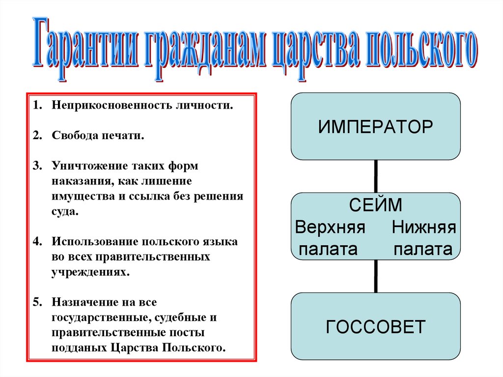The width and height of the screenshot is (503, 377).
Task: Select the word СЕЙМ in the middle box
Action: (376, 205)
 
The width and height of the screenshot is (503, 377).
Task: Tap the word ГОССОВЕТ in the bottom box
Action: (376, 326)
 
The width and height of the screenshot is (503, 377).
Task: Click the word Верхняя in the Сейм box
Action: (330, 227)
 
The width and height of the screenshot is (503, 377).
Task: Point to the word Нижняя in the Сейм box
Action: (424, 227)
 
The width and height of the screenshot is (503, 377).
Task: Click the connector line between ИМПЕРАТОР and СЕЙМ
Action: (376, 176)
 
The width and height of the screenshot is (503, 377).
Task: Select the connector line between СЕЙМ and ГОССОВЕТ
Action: (376, 276)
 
